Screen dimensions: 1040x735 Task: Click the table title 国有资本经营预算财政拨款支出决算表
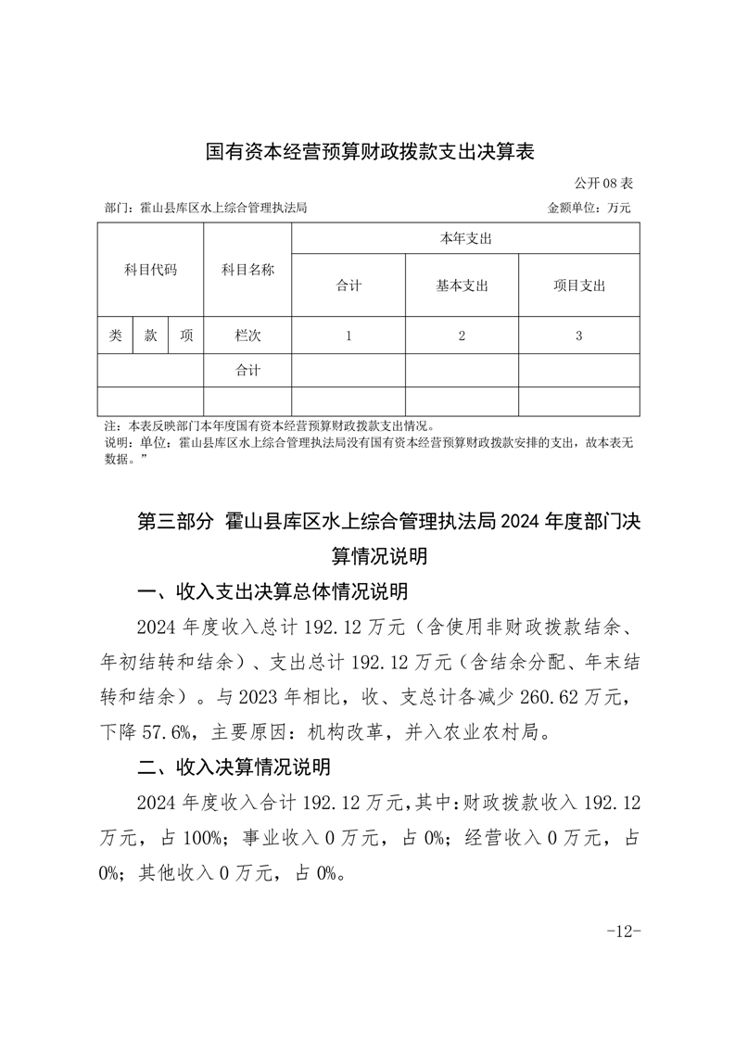tap(370, 151)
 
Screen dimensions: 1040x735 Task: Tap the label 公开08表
tap(603, 184)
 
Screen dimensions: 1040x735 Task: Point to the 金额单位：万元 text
tap(589, 209)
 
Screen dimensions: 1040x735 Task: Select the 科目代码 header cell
tap(150, 271)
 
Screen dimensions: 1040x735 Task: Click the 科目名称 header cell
tap(247, 271)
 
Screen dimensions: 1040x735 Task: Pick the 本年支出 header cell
tap(465, 239)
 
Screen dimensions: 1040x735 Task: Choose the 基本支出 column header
tap(462, 285)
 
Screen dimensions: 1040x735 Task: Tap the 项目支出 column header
tap(578, 285)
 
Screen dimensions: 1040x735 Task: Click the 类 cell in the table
tap(115, 336)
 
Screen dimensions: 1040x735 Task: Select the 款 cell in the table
tap(150, 336)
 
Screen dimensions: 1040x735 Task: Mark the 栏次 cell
tap(247, 336)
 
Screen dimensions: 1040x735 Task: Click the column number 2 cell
tap(462, 336)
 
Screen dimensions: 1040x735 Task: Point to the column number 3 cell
tap(578, 336)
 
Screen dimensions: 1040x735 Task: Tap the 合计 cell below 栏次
tap(247, 371)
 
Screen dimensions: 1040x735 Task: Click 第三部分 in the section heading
tap(175, 522)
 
